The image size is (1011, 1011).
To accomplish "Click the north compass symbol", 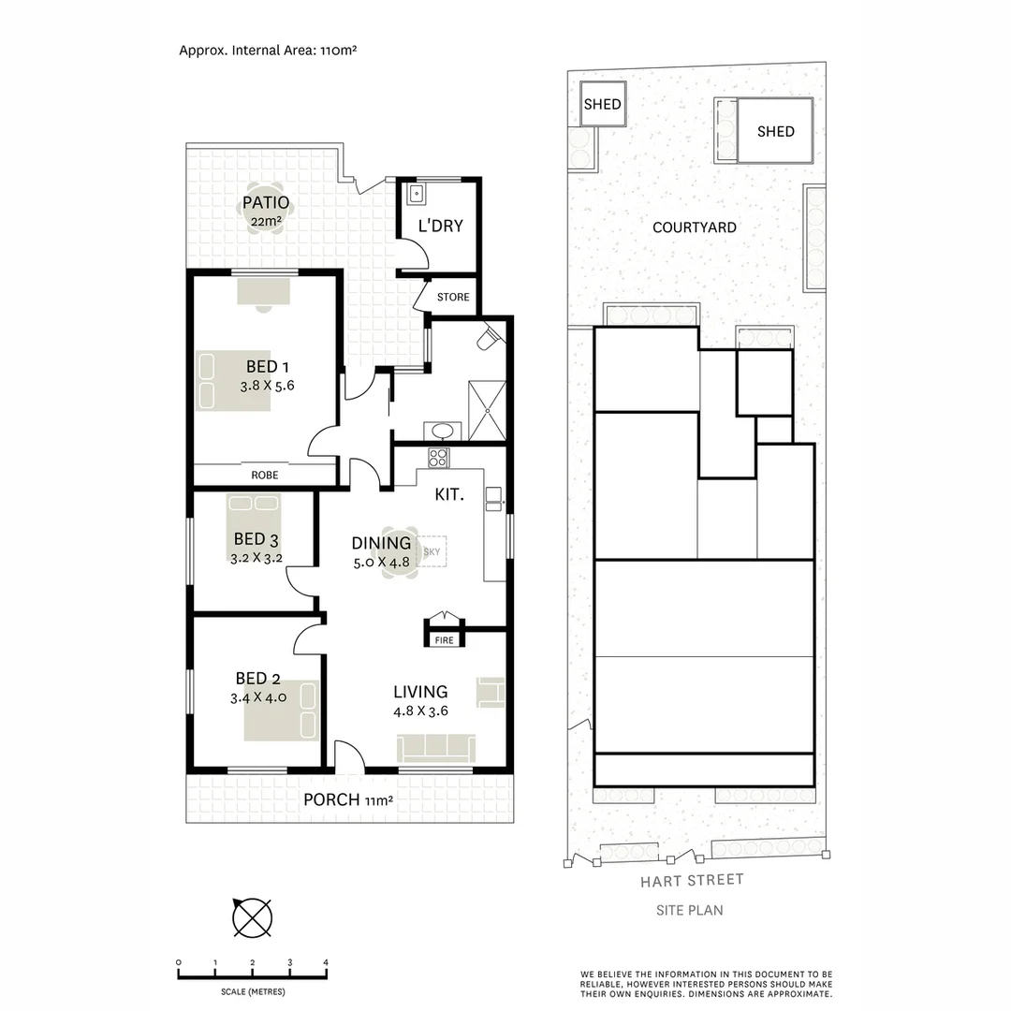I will pos(252,916).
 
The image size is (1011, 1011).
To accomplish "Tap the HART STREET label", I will pos(692,880).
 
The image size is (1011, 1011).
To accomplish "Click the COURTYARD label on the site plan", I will pos(694,227).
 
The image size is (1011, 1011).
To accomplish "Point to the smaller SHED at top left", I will pos(602,104).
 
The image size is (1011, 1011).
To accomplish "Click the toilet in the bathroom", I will pos(489,339).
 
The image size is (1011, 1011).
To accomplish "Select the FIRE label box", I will pos(444,640).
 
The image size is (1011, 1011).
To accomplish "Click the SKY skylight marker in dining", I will pos(432,552).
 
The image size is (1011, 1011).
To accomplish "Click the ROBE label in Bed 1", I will pos(264,476).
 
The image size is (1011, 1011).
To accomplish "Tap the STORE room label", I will pos(453,298).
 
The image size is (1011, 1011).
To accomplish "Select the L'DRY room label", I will pos(440,227).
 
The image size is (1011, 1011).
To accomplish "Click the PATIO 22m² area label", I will pos(265,212).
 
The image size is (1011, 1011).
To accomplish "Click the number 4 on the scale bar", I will pos(326,962).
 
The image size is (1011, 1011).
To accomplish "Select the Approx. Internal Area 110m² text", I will pos(268,51).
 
